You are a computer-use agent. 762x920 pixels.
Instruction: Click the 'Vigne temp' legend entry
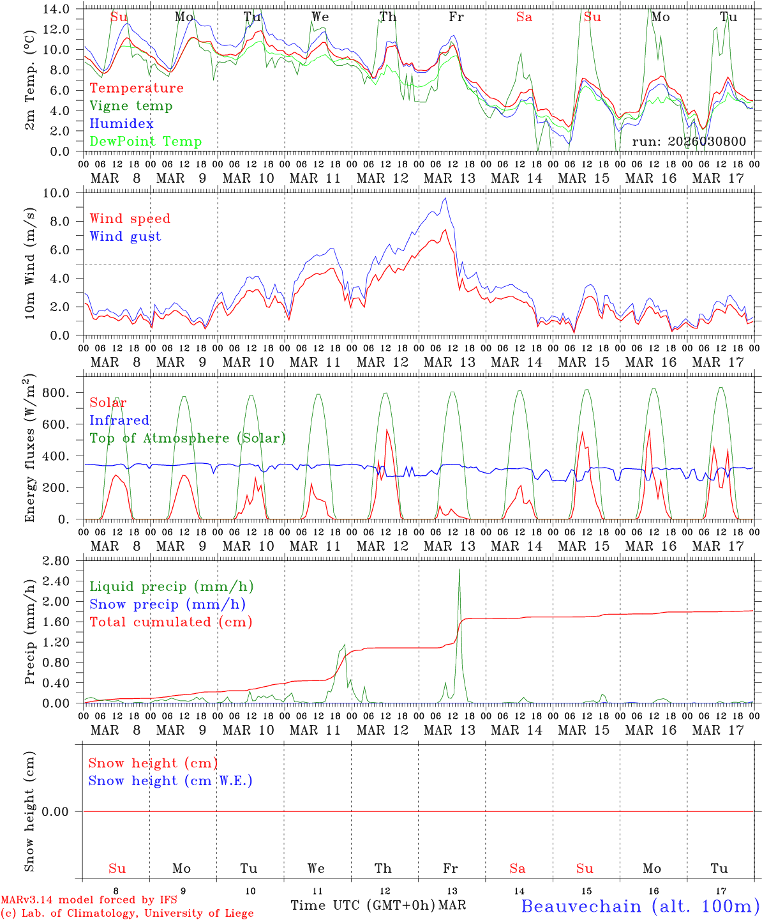131,106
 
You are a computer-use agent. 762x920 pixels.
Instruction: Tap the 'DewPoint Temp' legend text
146,142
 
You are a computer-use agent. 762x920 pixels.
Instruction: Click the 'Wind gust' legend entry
125,236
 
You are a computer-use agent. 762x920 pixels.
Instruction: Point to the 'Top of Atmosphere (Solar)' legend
187,438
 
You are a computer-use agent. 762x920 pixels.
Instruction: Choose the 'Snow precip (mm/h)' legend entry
167,604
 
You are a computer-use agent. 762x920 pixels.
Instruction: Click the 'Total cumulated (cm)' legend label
170,622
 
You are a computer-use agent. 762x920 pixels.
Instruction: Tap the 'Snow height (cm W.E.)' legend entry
170,781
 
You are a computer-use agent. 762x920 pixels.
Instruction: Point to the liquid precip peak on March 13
459,569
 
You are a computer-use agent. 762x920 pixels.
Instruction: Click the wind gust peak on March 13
445,198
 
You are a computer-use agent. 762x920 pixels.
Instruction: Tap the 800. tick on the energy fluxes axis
56,393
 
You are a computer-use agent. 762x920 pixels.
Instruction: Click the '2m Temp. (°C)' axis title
30,80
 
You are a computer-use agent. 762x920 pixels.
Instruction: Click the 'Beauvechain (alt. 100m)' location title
639,906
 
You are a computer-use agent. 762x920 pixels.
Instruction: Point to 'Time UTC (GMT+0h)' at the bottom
362,905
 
